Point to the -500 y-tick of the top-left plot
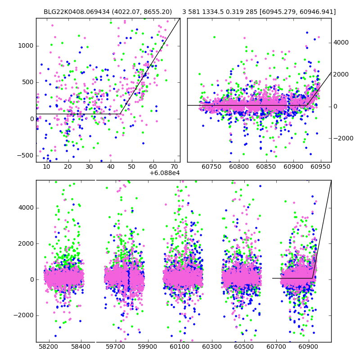25,156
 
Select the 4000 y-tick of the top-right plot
341,43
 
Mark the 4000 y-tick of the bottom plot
26,207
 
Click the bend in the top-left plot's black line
120,114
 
